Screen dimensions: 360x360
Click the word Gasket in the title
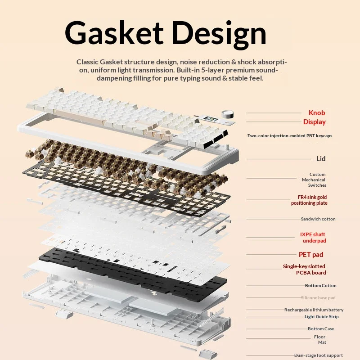(114, 33)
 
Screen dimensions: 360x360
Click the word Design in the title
(219, 35)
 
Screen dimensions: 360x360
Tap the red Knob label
(317, 113)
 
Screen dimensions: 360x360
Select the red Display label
(314, 122)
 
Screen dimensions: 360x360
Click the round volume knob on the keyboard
(228, 114)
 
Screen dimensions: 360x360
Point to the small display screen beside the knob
(210, 119)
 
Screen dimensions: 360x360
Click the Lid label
(321, 159)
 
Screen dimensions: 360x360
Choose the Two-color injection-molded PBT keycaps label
(290, 136)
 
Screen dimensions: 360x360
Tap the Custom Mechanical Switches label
(314, 180)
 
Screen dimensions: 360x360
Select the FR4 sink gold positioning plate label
(309, 200)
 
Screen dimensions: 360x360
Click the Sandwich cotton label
(318, 219)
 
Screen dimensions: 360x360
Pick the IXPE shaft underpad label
(313, 238)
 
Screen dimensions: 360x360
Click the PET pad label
(311, 255)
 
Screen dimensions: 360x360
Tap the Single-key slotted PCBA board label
(305, 270)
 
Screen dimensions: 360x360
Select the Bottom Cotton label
(321, 286)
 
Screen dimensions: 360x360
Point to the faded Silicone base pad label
(318, 298)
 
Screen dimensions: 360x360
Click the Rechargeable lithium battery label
(314, 310)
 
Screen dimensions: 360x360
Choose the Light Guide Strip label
(321, 317)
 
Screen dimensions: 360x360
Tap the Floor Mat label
(320, 340)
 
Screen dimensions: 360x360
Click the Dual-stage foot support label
(319, 355)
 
